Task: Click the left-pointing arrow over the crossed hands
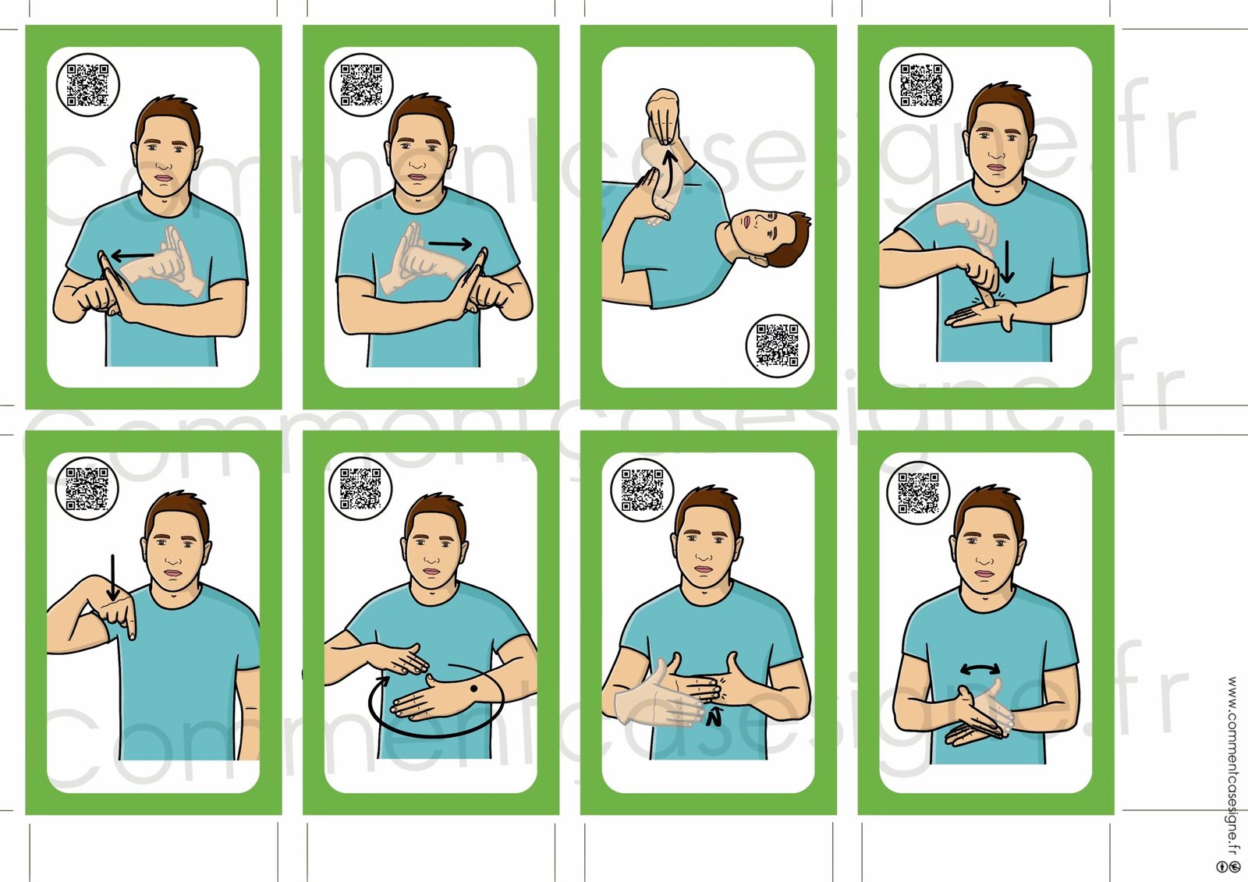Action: pyautogui.click(x=133, y=257)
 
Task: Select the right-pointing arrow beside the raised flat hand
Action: pyautogui.click(x=450, y=243)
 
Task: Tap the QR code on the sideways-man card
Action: pyautogui.click(x=777, y=345)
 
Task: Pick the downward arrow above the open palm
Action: pyautogui.click(x=1007, y=262)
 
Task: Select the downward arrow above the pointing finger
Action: pyautogui.click(x=113, y=578)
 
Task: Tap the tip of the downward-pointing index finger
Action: pyautogui.click(x=132, y=637)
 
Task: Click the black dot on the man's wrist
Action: pyautogui.click(x=474, y=689)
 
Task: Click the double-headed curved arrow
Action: pyautogui.click(x=980, y=669)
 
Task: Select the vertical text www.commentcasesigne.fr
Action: pyautogui.click(x=1232, y=766)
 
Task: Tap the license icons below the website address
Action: pyautogui.click(x=1229, y=866)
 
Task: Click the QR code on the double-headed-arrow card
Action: pyautogui.click(x=919, y=493)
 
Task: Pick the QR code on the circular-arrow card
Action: pyautogui.click(x=360, y=489)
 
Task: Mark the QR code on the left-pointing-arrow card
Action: pyautogui.click(x=87, y=85)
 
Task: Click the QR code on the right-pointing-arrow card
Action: pyautogui.click(x=362, y=85)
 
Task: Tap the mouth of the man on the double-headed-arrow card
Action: pyautogui.click(x=984, y=575)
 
